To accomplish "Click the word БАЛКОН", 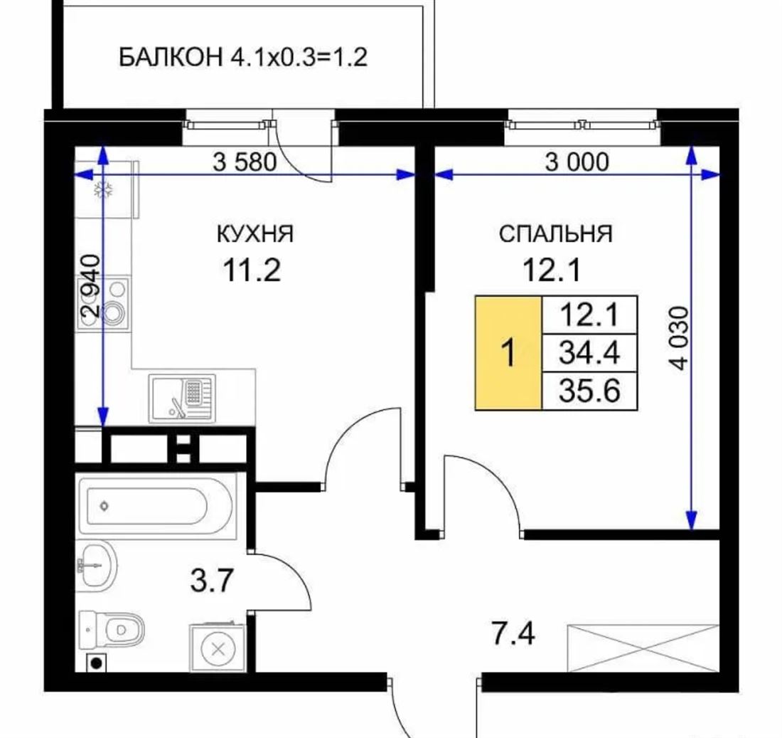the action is (171, 57).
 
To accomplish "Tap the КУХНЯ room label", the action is (255, 233).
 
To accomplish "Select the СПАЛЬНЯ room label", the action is (556, 233).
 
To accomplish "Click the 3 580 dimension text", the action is (245, 162).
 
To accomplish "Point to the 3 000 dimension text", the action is (577, 162).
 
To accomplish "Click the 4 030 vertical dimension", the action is (679, 338).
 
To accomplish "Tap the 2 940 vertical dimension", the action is (91, 286).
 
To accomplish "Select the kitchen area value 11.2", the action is (252, 270).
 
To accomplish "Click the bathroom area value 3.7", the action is (212, 581).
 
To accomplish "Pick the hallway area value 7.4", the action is (513, 634).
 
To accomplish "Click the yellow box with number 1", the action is (509, 353).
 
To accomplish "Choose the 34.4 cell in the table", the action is (589, 353).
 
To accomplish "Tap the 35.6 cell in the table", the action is (589, 391).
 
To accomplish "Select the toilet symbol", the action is (111, 630).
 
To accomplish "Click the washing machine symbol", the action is (218, 648).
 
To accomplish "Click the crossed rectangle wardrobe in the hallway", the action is (643, 648).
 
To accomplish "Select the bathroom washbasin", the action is (97, 566).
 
